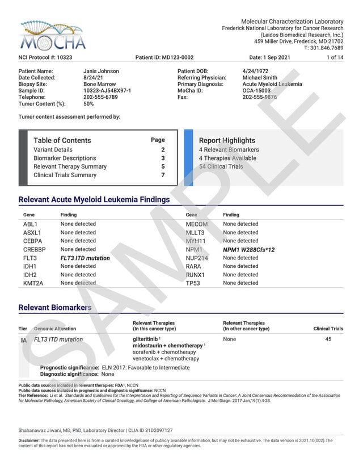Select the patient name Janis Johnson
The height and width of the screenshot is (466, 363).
tap(101, 71)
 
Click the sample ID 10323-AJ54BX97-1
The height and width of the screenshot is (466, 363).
tap(107, 91)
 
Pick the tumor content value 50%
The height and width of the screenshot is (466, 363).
tap(88, 104)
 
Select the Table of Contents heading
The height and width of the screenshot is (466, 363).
tap(62, 140)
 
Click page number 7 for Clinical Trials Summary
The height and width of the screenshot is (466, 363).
tap(163, 175)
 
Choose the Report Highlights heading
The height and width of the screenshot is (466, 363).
tap(227, 140)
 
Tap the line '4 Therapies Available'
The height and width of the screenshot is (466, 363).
tap(227, 158)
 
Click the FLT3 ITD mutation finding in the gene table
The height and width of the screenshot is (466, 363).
tap(85, 258)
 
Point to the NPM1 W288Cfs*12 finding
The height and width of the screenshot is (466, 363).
tap(248, 250)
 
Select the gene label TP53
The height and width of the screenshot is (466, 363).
tap(193, 283)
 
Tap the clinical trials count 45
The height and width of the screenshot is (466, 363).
tap(328, 339)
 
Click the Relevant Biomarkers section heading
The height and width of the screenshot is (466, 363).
tap(54, 308)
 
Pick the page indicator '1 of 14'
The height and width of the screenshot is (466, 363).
tap(335, 57)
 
